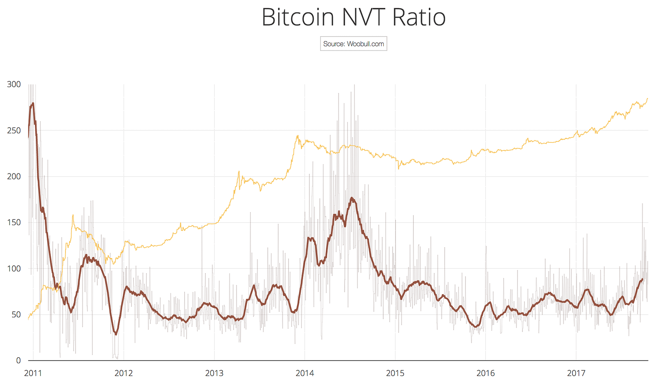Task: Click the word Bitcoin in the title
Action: click(298, 17)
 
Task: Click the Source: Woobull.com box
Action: click(353, 44)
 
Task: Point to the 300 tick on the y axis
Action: click(14, 85)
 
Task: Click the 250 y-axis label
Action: click(14, 130)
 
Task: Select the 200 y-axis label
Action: click(14, 176)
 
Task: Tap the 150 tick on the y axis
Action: click(14, 222)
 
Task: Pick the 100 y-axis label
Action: click(14, 269)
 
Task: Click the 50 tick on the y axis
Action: click(15, 315)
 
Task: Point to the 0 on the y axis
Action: click(18, 360)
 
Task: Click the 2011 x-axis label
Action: click(33, 373)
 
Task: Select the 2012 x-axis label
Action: click(123, 373)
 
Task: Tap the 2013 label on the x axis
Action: click(214, 373)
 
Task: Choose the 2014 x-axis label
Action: click(305, 373)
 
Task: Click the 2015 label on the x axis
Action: click(395, 373)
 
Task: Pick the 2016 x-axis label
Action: click(485, 373)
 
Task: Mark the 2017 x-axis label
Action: click(576, 373)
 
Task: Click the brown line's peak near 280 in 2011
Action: click(33, 103)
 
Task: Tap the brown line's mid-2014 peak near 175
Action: click(352, 198)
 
